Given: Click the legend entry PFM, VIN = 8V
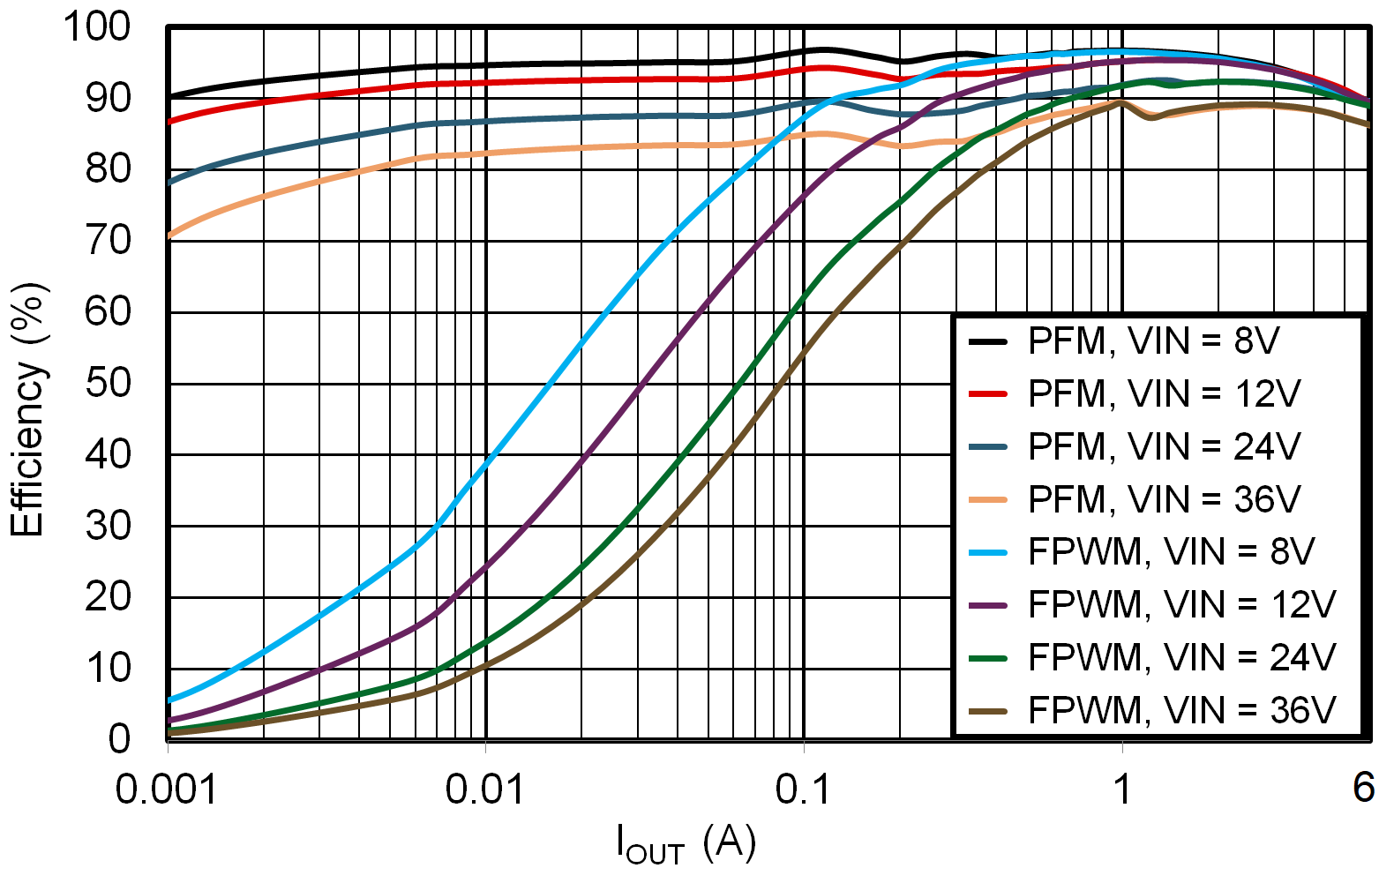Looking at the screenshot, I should click(x=1153, y=341).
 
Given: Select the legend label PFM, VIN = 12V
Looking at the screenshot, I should click(x=1164, y=394).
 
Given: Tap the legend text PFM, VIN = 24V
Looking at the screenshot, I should click(x=1164, y=447).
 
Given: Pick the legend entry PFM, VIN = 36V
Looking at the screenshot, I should click(x=1164, y=500).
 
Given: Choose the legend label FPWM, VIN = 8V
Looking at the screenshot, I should click(x=1171, y=552).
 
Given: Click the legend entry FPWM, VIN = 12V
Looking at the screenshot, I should click(x=1181, y=605).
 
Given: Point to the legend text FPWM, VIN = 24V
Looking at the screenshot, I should click(x=1181, y=658).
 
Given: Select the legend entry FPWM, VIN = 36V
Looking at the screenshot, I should click(x=1181, y=711).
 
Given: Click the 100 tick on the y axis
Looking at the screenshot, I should click(x=97, y=26).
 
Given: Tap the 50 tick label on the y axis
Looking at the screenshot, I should click(x=108, y=384).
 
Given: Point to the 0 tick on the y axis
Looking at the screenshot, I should click(x=119, y=739).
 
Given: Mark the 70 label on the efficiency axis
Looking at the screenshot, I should click(x=108, y=241).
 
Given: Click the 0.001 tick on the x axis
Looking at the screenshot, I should click(x=167, y=789).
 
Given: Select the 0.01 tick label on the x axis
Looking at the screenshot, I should click(x=484, y=789).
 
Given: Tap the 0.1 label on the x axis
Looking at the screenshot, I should click(x=803, y=789).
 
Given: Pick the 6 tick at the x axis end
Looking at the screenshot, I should click(x=1363, y=788).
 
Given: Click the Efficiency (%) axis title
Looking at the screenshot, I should click(x=27, y=409).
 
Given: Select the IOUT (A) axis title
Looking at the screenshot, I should click(x=686, y=845).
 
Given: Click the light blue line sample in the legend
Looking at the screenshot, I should click(x=988, y=553).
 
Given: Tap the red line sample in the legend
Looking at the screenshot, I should click(x=988, y=394).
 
